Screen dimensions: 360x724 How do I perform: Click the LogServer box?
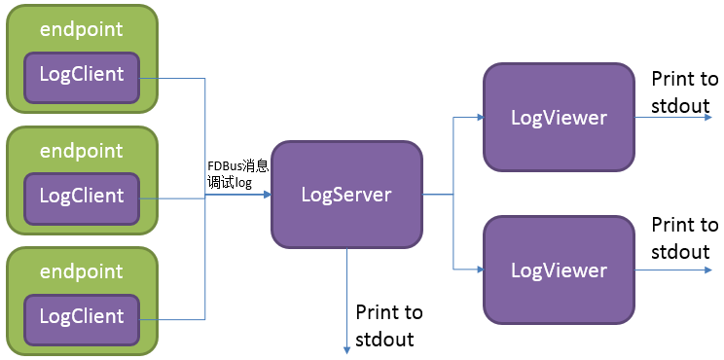345,194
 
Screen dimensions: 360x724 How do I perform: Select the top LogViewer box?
559,118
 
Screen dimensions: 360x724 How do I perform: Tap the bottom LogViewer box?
559,270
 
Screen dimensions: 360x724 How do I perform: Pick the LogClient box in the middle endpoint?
82,196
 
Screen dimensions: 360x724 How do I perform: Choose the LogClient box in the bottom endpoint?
82,316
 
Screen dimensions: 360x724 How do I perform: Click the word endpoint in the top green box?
82,29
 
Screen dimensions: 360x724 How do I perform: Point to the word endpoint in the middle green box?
82,151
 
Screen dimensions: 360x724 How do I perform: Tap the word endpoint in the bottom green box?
82,270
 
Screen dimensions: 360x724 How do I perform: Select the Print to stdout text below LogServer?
389,325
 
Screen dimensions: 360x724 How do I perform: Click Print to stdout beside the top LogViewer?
685,91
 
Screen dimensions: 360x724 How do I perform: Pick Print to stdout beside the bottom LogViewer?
685,238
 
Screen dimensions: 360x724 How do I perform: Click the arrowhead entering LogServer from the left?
266,195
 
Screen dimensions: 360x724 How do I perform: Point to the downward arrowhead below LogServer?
346,347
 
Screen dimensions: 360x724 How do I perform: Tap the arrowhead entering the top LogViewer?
478,118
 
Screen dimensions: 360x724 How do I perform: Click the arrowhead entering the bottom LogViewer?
478,269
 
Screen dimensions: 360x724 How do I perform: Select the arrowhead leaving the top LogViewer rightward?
707,118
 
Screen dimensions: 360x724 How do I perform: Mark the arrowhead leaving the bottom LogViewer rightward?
707,269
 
